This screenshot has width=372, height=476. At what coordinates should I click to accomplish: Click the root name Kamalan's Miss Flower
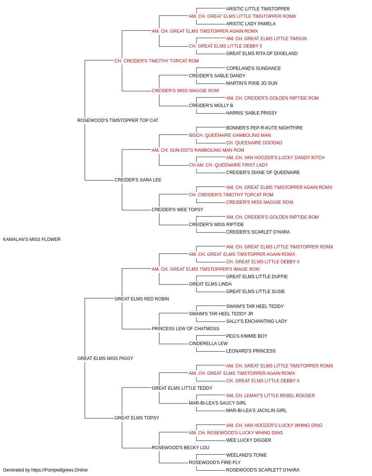pos(32,239)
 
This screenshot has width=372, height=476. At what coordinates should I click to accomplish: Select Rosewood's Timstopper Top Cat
pos(118,120)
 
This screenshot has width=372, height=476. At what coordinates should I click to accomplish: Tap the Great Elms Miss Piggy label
pos(105,358)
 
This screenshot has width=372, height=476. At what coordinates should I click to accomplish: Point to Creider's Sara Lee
pos(138,180)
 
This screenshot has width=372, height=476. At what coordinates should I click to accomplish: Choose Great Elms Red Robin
pos(141,299)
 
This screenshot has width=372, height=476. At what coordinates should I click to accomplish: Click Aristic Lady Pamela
pos(251,24)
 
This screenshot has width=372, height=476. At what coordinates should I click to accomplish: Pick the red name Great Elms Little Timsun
pos(266,39)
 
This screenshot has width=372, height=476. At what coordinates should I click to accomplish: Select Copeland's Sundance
pos(253,68)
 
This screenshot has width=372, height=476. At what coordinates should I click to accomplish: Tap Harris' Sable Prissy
pos(251,113)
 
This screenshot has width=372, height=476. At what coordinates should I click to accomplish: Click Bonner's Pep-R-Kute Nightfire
pos(264,128)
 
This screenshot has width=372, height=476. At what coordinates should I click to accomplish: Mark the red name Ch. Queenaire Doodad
pos(254,143)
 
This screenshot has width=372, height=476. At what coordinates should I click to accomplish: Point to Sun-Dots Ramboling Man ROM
pos(198,150)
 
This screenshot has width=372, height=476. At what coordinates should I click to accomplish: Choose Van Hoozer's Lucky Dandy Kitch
pos(275,158)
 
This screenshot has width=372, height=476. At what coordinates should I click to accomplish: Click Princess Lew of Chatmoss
pos(185,329)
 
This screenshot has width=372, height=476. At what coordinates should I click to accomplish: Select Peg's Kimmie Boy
pos(247,336)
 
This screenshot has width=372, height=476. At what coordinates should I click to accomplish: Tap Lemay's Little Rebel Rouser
pos(270,396)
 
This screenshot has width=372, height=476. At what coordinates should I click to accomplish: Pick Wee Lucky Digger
pos(248,440)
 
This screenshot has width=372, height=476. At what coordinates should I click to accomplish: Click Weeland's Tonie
pos(247,455)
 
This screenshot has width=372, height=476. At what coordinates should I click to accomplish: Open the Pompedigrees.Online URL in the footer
pos(60,470)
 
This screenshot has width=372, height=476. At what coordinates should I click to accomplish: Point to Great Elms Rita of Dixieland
pos(262,54)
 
